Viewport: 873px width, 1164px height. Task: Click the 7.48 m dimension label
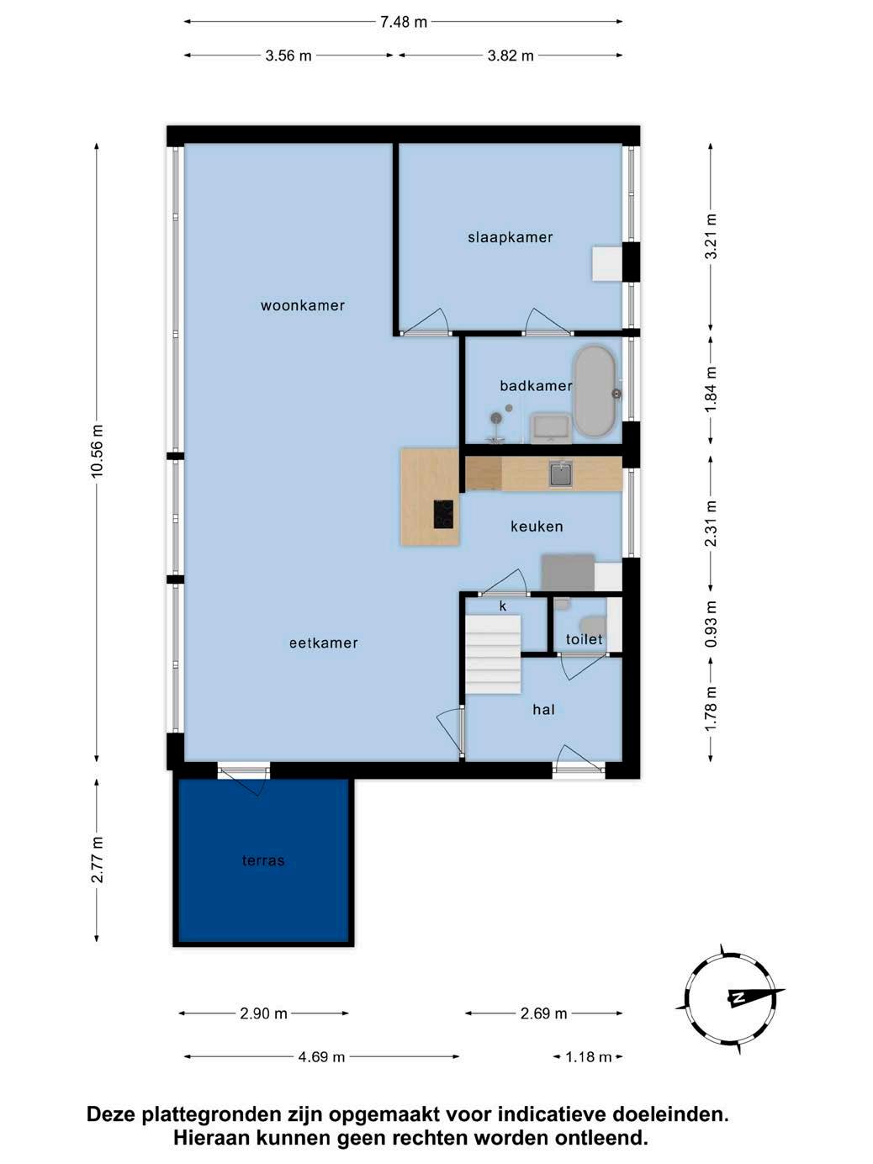pos(404,22)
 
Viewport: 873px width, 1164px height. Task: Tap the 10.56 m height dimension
pos(97,452)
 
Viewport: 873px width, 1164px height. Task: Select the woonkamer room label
pos(303,305)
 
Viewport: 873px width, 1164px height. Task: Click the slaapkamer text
pos(511,237)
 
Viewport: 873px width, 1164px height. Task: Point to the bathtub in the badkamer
pos(594,392)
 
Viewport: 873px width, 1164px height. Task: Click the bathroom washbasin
pos(550,428)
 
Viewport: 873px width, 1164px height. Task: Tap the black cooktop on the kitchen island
pos(444,514)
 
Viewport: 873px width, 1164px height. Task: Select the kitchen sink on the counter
pos(561,474)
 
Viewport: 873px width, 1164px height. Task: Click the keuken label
pos(537,526)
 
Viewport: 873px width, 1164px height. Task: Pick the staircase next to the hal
pos(493,653)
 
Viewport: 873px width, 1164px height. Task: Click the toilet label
pos(585,639)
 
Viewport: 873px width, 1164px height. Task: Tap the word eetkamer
pos(323,643)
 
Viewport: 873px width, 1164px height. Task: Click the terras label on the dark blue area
pos(263,860)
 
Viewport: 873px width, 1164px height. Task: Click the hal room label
pos(544,710)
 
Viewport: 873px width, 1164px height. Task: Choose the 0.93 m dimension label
pos(711,624)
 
